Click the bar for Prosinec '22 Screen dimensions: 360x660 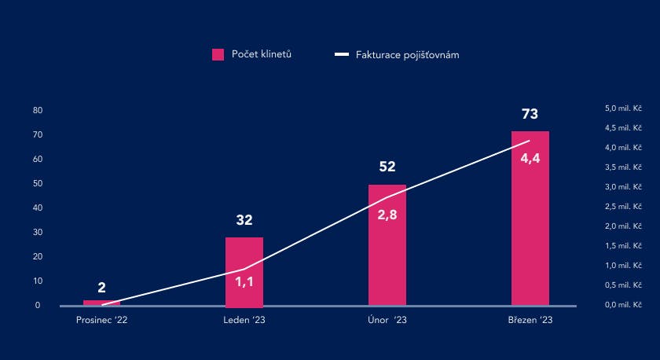pos(101,303)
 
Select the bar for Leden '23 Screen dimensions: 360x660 pos(244,271)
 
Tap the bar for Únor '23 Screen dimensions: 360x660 pos(387,245)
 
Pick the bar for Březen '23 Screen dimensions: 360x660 pos(530,218)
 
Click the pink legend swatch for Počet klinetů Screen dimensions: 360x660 pos(218,54)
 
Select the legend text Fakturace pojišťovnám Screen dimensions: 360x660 pos(407,55)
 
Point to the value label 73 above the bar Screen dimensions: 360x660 pos(530,115)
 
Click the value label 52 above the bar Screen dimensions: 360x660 pos(387,167)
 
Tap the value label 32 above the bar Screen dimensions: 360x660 pos(244,220)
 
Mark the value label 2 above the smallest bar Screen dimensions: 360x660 pos(102,288)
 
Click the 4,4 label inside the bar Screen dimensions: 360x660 pos(530,157)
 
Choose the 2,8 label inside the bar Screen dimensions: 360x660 pos(387,215)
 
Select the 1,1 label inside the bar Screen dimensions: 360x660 pos(244,281)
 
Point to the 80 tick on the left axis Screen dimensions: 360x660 pos(38,111)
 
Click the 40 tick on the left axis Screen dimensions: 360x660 pos(38,208)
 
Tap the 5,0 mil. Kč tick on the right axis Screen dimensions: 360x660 pos(623,108)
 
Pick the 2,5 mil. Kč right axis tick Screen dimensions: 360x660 pos(623,207)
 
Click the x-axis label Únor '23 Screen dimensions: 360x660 pos(387,320)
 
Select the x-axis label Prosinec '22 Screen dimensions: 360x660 pos(101,320)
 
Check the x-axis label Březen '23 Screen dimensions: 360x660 pos(530,320)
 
